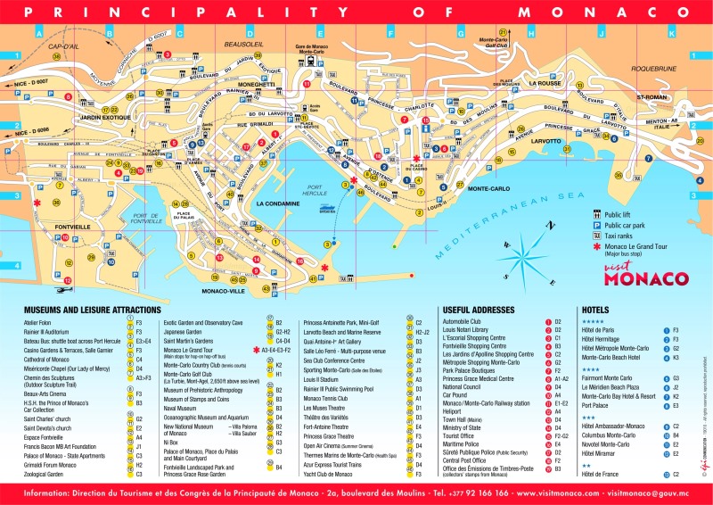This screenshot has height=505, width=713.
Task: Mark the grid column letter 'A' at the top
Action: pos(38,33)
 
